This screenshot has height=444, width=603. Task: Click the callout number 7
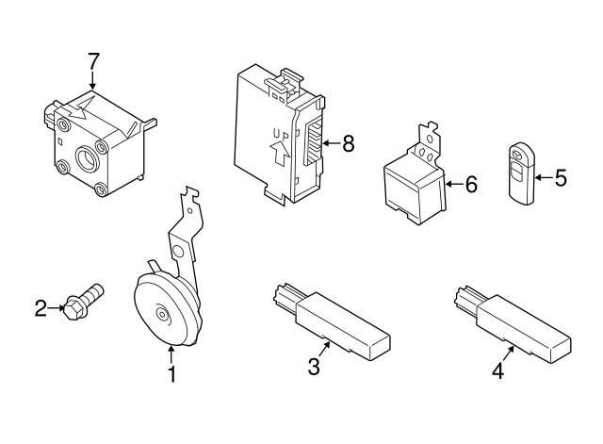93,61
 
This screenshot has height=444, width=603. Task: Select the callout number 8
348,143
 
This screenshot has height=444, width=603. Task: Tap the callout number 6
471,184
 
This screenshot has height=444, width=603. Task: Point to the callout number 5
561,178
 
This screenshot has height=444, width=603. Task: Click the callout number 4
498,370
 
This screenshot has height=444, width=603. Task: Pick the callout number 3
314,367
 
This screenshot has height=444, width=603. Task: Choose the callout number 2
41,308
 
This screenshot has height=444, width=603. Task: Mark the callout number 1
172,374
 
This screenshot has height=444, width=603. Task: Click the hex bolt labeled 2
85,302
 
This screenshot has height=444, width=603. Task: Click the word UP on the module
281,134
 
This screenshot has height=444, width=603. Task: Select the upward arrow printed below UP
280,154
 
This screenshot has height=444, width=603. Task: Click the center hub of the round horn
162,315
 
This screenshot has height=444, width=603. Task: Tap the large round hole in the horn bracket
178,252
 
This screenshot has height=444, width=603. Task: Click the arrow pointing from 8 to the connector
331,143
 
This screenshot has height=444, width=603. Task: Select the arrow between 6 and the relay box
454,184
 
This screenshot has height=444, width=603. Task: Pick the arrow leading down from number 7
92,81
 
